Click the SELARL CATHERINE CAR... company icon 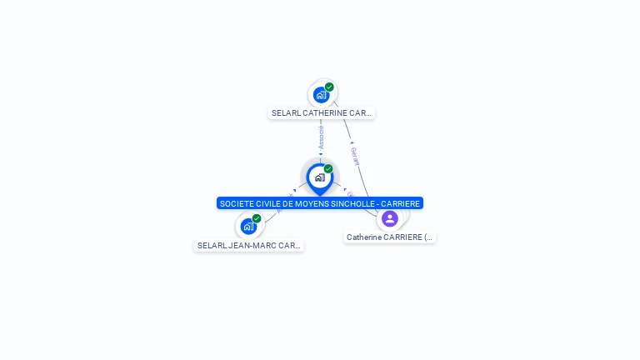tap(321, 95)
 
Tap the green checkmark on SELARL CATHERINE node tap(329, 87)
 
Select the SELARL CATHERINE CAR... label tap(321, 112)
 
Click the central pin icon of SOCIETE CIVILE tap(319, 177)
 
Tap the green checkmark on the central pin tap(328, 169)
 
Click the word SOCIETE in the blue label tap(236, 203)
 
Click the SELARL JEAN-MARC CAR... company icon tap(248, 226)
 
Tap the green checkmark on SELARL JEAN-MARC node tap(257, 218)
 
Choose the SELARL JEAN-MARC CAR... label tap(248, 246)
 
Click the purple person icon tap(389, 218)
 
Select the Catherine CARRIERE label tap(390, 237)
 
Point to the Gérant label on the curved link tap(355, 157)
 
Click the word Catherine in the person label tap(364, 237)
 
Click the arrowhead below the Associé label tap(321, 153)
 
